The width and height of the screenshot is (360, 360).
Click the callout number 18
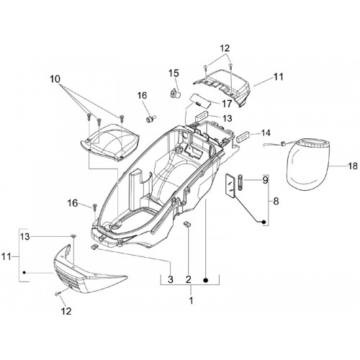point(353,166)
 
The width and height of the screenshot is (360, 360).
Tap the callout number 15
point(174,73)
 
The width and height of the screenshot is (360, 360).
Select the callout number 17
point(227,104)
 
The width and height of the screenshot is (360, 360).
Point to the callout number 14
point(266,133)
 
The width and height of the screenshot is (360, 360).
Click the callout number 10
point(55,79)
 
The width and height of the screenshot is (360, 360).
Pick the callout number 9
point(265,180)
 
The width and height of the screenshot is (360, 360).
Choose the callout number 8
point(276,201)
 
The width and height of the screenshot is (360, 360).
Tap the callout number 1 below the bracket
point(191,300)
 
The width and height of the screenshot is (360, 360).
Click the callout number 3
point(171,279)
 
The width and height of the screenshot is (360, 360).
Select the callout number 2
point(189,279)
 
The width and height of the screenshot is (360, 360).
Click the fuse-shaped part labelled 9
point(240,183)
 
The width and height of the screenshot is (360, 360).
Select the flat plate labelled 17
point(202,101)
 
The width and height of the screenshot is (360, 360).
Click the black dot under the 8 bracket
point(264,222)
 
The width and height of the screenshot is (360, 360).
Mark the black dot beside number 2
point(205,280)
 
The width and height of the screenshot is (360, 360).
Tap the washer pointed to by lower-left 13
point(73,237)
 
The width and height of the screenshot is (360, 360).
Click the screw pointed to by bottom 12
point(58,293)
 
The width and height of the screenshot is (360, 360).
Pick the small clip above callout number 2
point(187,224)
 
